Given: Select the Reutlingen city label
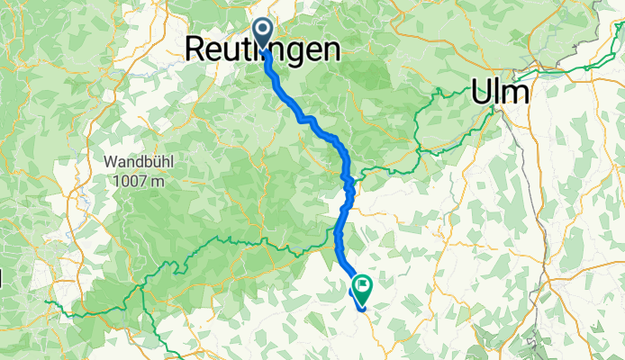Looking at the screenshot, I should [263, 50].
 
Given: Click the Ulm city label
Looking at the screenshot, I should [500, 93].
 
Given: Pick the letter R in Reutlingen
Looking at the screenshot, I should [195, 50].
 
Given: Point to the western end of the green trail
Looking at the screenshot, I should [47, 304].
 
